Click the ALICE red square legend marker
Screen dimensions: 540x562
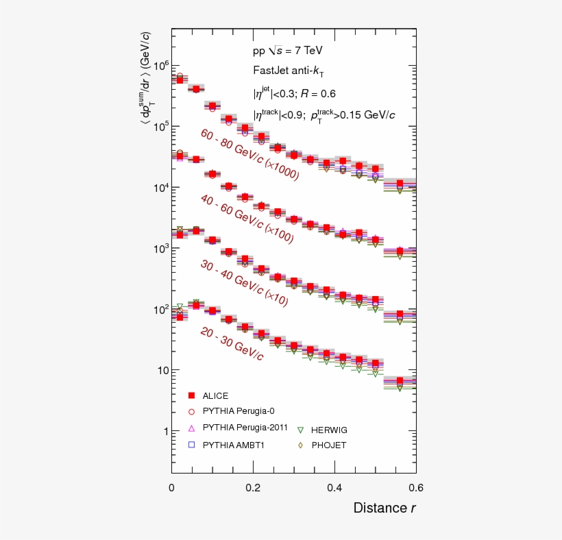(x=192, y=395)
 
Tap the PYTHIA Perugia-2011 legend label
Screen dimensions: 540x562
(x=245, y=428)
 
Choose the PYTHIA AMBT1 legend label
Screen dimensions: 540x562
(x=234, y=445)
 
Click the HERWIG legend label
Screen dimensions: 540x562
(x=329, y=430)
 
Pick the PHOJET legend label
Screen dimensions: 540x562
(x=329, y=445)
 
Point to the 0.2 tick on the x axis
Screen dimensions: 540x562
(x=253, y=487)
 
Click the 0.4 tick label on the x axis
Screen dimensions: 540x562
(x=334, y=487)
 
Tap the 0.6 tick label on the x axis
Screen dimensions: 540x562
(x=416, y=487)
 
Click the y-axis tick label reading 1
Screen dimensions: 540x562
(x=162, y=431)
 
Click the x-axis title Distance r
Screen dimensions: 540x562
(x=384, y=508)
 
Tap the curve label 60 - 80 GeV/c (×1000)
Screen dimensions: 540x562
(x=249, y=155)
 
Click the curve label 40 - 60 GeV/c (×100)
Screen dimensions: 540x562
(x=247, y=219)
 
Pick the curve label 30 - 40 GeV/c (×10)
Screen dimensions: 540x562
(x=243, y=282)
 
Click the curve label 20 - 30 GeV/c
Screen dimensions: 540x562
(x=232, y=343)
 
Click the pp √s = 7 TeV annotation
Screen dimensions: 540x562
(x=287, y=51)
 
